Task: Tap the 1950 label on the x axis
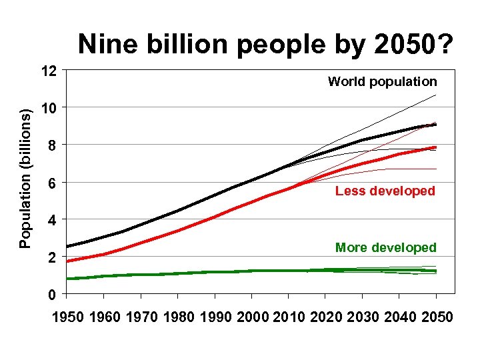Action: (69, 316)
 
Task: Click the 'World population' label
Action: (382, 82)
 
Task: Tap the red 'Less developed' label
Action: (385, 191)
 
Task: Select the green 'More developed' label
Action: (385, 248)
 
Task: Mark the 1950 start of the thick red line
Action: (67, 261)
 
